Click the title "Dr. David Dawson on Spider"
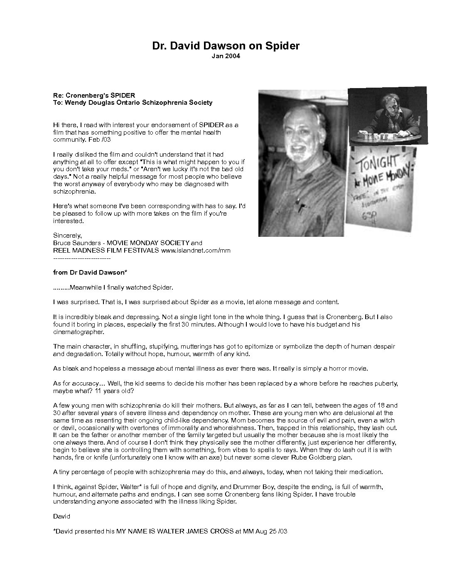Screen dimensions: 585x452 (x=226, y=46)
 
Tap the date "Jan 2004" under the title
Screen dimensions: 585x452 (x=226, y=56)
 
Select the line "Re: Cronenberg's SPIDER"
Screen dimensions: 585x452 (x=94, y=95)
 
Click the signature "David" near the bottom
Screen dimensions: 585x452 (x=61, y=516)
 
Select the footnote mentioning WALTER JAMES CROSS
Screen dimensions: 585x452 (x=170, y=531)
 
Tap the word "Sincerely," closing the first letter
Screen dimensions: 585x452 (x=67, y=236)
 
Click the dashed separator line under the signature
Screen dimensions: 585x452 (x=82, y=258)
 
